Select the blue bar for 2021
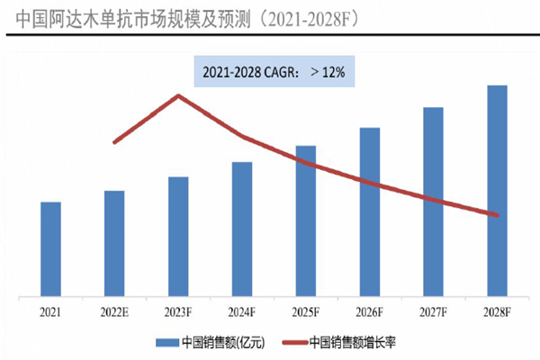[51, 248]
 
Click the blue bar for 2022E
[114, 243]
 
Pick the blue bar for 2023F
[178, 236]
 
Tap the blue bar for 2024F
[242, 229]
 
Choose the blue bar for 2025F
[306, 220]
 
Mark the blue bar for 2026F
[370, 211]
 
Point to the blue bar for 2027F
[434, 202]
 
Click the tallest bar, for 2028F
[498, 191]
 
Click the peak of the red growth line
[179, 94]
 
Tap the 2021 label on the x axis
[51, 311]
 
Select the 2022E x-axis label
[114, 311]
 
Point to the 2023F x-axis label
[178, 311]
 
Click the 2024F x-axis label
[242, 311]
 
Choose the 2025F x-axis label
[306, 311]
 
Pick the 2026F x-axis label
[370, 311]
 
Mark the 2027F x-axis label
[434, 311]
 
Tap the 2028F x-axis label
[498, 311]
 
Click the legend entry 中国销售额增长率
[342, 343]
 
